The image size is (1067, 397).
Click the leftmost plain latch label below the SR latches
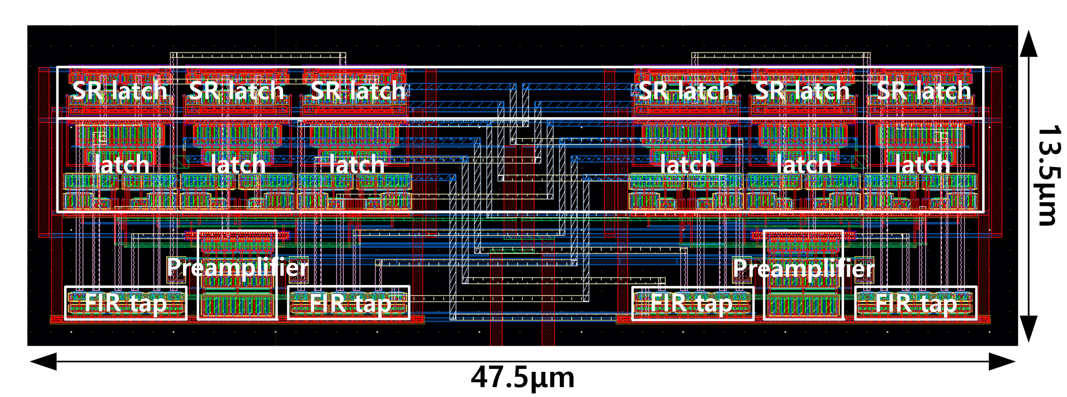pyautogui.click(x=121, y=165)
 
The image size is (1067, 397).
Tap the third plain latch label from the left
pyautogui.click(x=357, y=165)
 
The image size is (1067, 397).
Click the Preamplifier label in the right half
pyautogui.click(x=804, y=268)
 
